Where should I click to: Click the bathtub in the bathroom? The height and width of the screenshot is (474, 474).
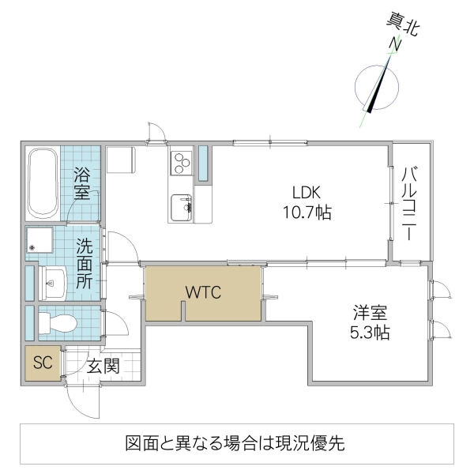point(42,185)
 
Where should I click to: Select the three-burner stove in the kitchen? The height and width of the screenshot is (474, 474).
point(181,162)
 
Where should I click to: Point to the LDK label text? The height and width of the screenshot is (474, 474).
point(307,192)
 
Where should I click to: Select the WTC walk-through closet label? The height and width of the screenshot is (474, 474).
point(203,292)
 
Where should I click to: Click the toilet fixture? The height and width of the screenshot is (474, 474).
point(55,322)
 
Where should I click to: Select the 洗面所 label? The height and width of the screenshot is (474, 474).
point(85,263)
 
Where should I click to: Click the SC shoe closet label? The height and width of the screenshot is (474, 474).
point(41,364)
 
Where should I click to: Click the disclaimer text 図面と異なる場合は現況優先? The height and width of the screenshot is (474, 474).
point(235,443)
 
